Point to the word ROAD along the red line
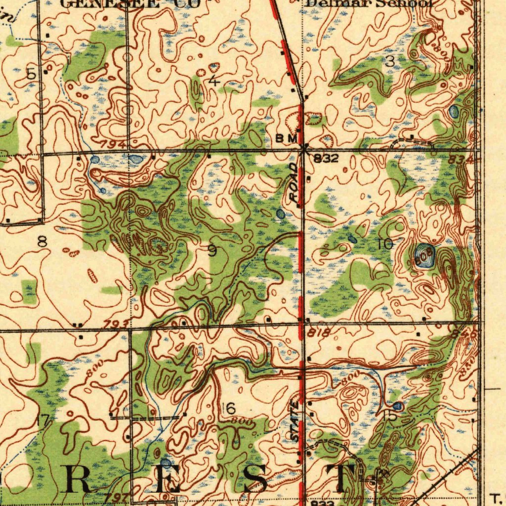(x=295, y=185)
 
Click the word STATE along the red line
(x=295, y=422)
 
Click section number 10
(x=385, y=244)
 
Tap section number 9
(x=212, y=251)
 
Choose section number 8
(x=42, y=242)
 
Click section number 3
(x=390, y=62)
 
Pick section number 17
(x=43, y=422)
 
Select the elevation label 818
(x=318, y=334)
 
